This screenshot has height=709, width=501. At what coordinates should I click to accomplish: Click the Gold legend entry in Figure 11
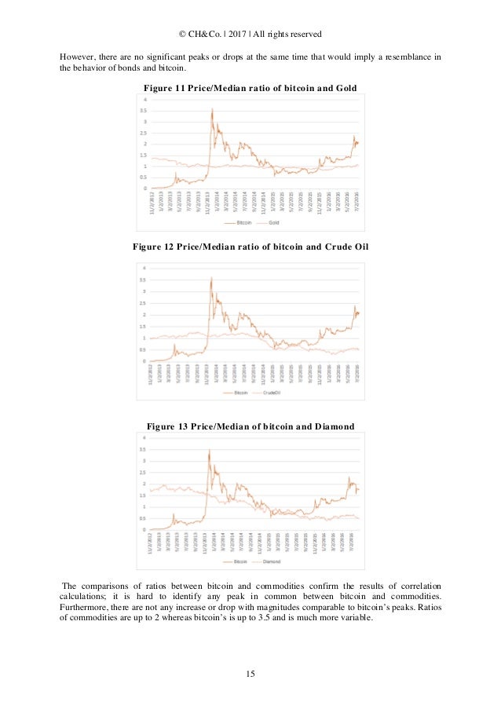tap(275, 223)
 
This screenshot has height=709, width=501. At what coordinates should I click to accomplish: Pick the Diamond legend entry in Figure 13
tap(274, 563)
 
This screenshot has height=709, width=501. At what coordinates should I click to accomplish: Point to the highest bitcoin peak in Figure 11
tap(212, 110)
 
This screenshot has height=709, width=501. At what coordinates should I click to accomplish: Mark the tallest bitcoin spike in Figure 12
tap(211, 278)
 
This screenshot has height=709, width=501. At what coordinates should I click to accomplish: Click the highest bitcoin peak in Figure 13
tap(209, 451)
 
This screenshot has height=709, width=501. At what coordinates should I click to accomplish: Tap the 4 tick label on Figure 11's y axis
tap(144, 100)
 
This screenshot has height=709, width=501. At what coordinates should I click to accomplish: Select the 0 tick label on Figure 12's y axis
tap(144, 361)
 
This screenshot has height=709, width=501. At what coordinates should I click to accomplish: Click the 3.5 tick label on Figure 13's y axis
tap(142, 449)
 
